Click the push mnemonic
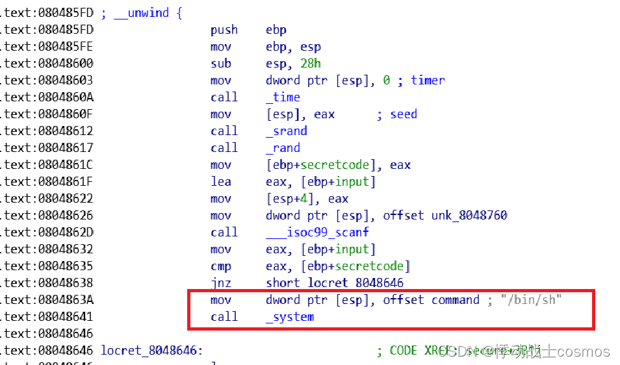224,30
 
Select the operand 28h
312,64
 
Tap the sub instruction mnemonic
221,64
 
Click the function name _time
283,97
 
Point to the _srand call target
287,131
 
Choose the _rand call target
283,148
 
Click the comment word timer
428,81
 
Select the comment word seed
404,114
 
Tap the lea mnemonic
221,182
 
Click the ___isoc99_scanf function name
318,233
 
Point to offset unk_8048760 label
469,216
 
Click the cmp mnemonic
221,266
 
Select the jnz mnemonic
221,283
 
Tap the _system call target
290,317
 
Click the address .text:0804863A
47,300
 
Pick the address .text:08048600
47,64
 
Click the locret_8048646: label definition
152,351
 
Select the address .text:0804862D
47,233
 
